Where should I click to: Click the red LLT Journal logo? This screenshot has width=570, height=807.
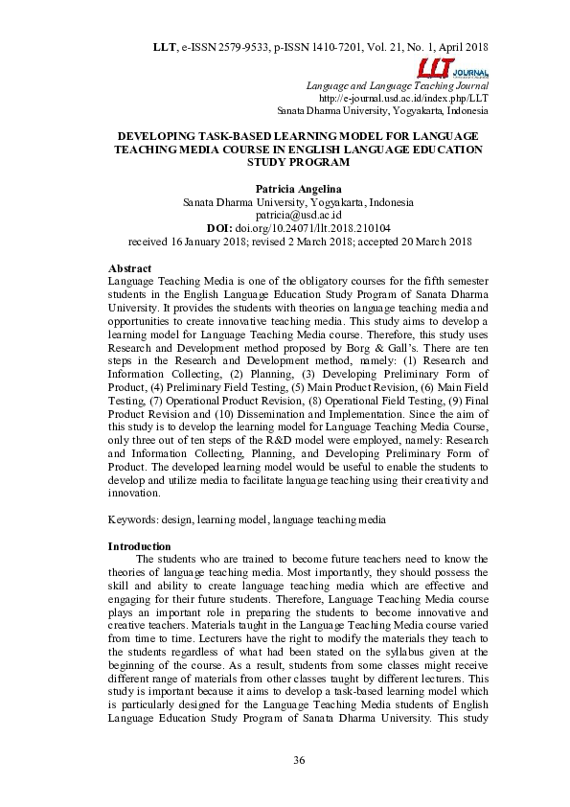tap(452, 70)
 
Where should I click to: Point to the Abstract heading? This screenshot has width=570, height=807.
tap(130, 268)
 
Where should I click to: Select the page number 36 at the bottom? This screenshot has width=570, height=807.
tap(299, 762)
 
